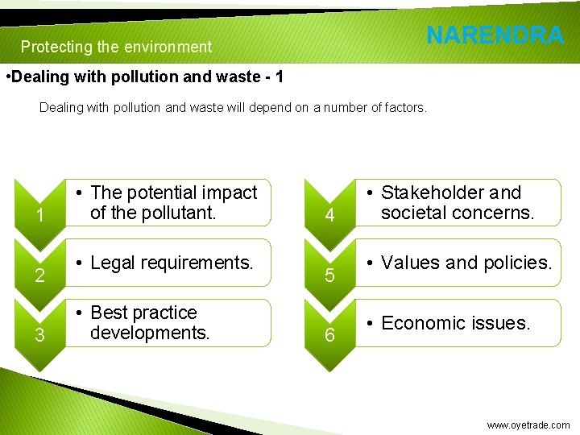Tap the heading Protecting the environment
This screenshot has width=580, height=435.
[116, 47]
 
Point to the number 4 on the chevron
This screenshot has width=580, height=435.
[328, 216]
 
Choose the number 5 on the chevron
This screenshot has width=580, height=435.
[328, 276]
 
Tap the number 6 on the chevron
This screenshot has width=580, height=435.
[328, 336]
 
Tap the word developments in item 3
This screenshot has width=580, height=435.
[150, 332]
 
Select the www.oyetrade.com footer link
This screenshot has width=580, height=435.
[528, 425]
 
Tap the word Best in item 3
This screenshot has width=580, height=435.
[109, 313]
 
